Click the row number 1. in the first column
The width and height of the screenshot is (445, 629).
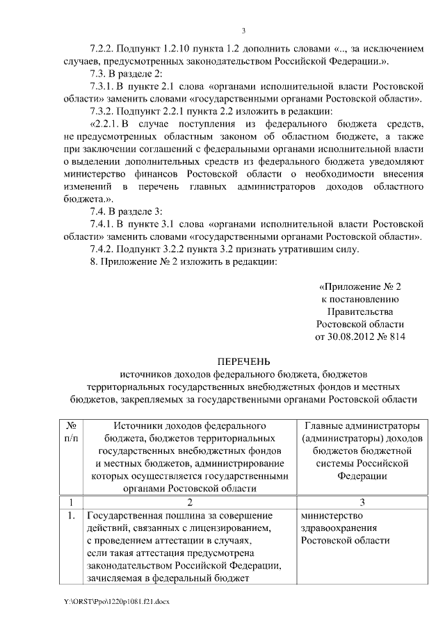click(x=71, y=516)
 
